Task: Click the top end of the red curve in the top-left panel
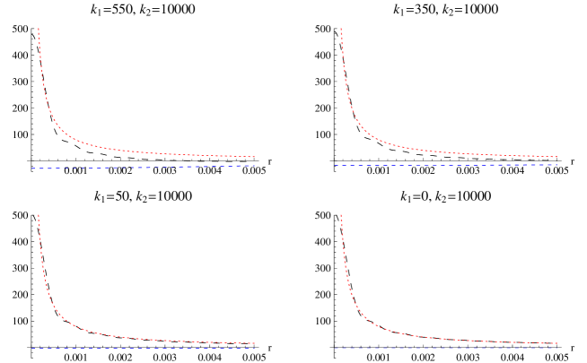38,29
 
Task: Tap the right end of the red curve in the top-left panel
255,157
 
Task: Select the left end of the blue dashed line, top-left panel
32,169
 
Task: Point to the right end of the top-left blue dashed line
255,166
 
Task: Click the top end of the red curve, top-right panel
340,29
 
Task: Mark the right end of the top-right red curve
557,157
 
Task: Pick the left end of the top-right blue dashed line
335,165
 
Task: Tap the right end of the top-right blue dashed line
557,165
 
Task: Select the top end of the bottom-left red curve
38,214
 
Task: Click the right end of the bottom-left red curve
255,342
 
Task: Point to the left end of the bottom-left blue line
32,348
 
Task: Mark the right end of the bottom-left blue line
255,348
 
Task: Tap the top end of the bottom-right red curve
340,214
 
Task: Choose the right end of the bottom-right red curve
557,342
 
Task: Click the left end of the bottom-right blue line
335,348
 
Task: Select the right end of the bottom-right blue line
557,348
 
